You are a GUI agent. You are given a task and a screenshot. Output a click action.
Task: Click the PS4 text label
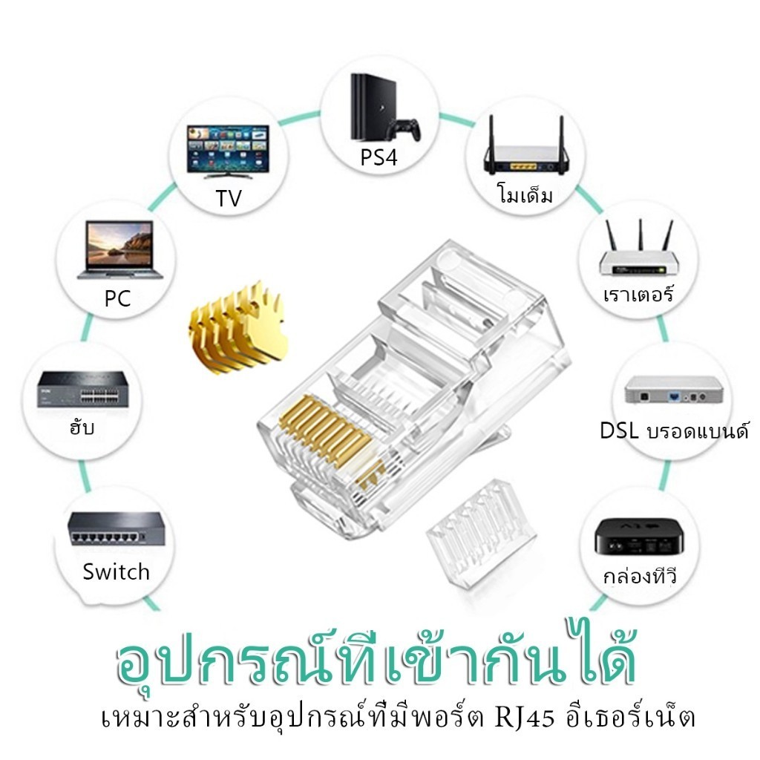point(379,157)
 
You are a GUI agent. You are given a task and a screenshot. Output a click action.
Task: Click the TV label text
point(229,198)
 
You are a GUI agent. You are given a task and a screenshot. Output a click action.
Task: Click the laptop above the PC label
point(119,250)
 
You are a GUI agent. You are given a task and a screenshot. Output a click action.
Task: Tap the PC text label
point(118,298)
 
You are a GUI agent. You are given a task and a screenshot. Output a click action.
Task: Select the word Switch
point(116,572)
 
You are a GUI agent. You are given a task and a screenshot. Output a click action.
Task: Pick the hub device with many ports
point(83,389)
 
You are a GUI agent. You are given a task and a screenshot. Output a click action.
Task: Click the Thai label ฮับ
point(82,427)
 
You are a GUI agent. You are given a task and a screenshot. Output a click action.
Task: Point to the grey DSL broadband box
point(673,389)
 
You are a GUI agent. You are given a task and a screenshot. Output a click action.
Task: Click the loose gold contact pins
point(238,328)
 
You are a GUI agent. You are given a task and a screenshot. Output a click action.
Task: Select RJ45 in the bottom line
point(524,718)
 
